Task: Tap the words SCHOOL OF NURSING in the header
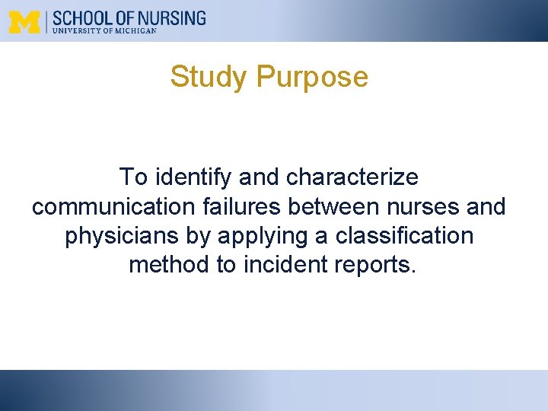pyautogui.click(x=129, y=17)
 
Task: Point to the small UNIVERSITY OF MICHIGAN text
pyautogui.click(x=104, y=30)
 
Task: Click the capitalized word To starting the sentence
pyautogui.click(x=134, y=177)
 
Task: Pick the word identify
pyautogui.click(x=194, y=177)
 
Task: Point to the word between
pyautogui.click(x=332, y=207)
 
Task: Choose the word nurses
pyautogui.click(x=421, y=207)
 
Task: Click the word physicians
pyautogui.click(x=123, y=236)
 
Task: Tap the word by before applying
pyautogui.click(x=199, y=236)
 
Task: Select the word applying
pyautogui.click(x=263, y=236)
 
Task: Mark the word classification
pyautogui.click(x=404, y=236)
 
